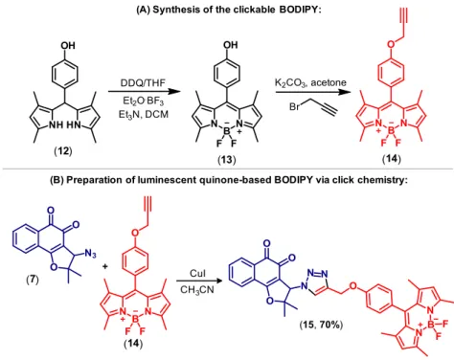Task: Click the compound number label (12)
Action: click(63, 150)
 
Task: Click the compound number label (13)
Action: click(227, 159)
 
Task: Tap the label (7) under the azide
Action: click(33, 280)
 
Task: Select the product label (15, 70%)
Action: click(321, 325)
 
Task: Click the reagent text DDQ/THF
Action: click(143, 83)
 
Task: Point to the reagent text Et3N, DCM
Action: click(144, 114)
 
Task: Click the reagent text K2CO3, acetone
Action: click(310, 82)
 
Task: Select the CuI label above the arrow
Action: click(197, 273)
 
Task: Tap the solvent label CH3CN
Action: click(197, 290)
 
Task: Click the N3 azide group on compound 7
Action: click(90, 255)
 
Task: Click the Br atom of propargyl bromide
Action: click(294, 106)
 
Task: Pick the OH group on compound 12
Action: click(68, 45)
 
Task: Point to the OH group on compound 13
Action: click(231, 45)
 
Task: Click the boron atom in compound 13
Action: click(226, 131)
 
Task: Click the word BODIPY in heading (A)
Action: click(299, 10)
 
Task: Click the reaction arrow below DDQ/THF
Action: click(143, 92)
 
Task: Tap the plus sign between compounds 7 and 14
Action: click(105, 266)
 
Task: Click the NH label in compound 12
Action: click(56, 125)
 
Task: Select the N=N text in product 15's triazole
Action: click(318, 274)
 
